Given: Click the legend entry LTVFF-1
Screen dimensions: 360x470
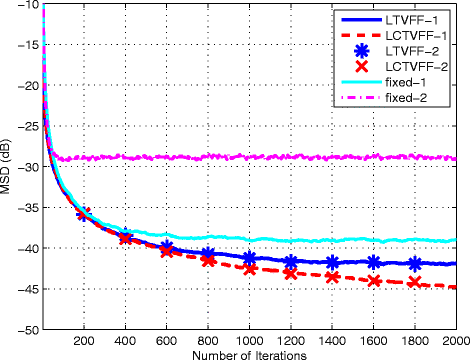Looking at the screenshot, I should (411, 19).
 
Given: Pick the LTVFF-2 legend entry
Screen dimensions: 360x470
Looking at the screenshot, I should (411, 51).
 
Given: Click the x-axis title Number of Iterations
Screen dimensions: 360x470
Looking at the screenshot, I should (251, 352).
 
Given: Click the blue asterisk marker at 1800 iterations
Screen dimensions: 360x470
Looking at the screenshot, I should (416, 263).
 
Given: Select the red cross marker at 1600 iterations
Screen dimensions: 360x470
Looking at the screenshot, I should (374, 281).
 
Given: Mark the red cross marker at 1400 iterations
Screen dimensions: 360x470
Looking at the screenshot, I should (333, 277).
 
